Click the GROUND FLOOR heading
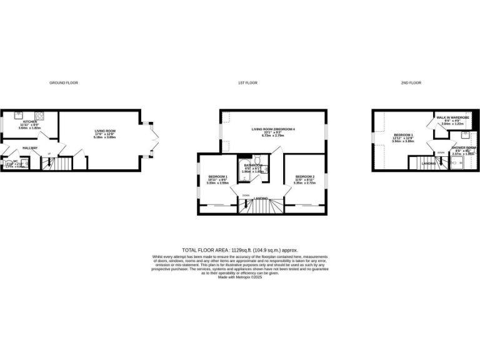pyautogui.click(x=64, y=82)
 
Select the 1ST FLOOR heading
pyautogui.click(x=247, y=82)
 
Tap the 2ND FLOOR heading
pyautogui.click(x=411, y=82)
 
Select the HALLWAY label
pyautogui.click(x=30, y=148)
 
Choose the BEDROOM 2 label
pyautogui.click(x=305, y=177)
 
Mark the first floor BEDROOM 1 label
pyautogui.click(x=217, y=177)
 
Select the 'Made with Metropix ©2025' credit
pyautogui.click(x=239, y=277)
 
